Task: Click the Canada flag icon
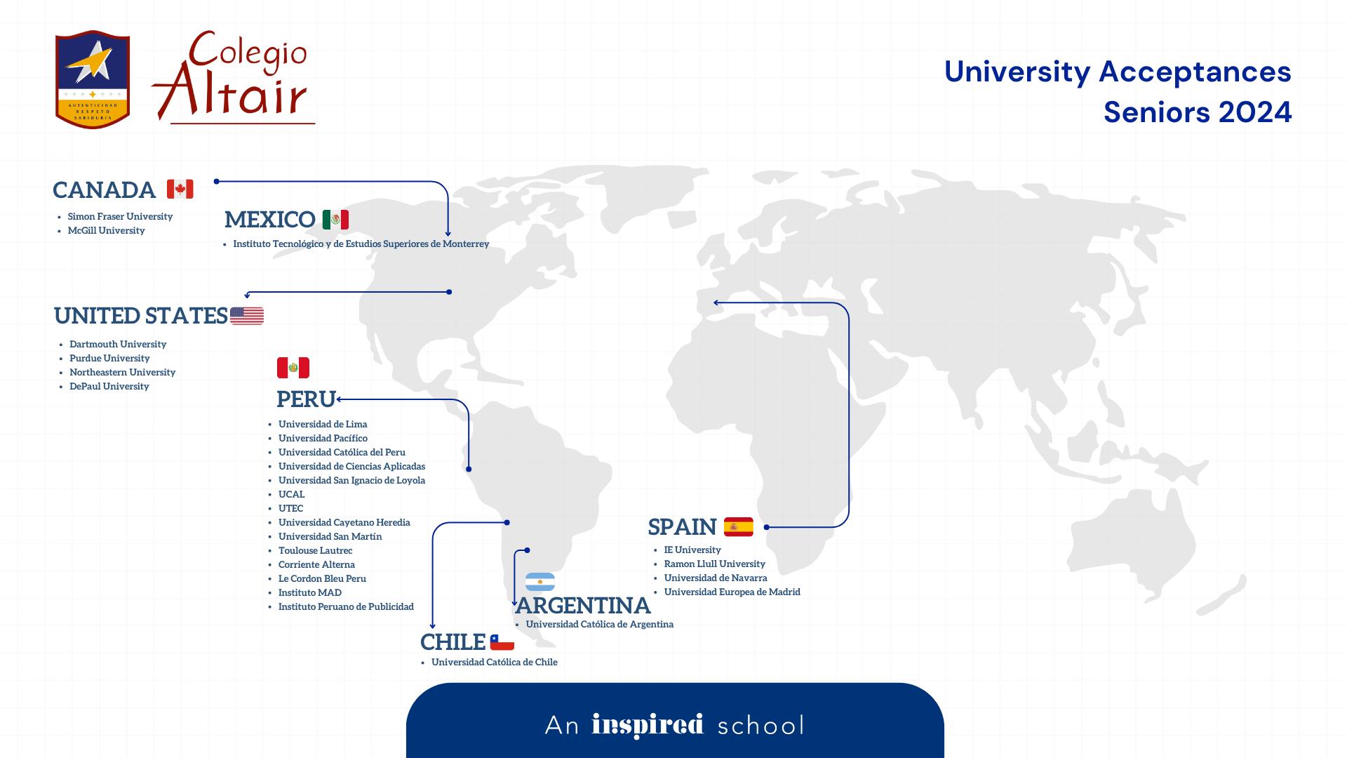180,189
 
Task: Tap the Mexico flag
335,220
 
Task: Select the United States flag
247,316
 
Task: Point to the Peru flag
293,368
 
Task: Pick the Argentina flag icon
540,582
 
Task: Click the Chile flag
502,642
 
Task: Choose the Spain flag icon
738,526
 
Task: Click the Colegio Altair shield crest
92,79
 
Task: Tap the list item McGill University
106,230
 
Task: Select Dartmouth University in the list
118,344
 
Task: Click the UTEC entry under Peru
290,508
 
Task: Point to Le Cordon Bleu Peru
322,578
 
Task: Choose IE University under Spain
692,550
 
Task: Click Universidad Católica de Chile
494,662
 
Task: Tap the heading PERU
306,399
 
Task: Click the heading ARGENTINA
583,605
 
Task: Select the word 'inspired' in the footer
647,725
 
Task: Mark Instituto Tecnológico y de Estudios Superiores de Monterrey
361,244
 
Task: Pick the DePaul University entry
109,386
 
